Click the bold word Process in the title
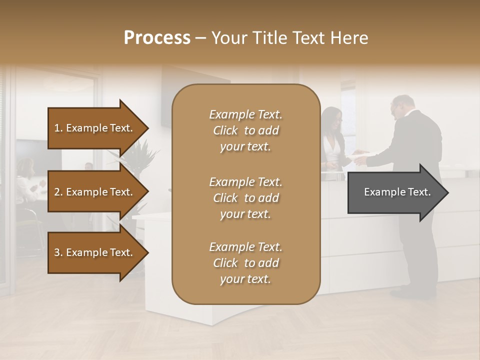(x=157, y=38)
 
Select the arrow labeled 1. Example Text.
(x=95, y=128)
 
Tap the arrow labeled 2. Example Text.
(x=95, y=192)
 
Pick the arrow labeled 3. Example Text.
(x=95, y=252)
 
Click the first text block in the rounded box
(x=245, y=130)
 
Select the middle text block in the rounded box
(x=245, y=197)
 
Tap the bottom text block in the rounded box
(x=245, y=263)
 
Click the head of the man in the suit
(x=402, y=106)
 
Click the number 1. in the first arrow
(x=58, y=128)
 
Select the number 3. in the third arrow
(x=58, y=252)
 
